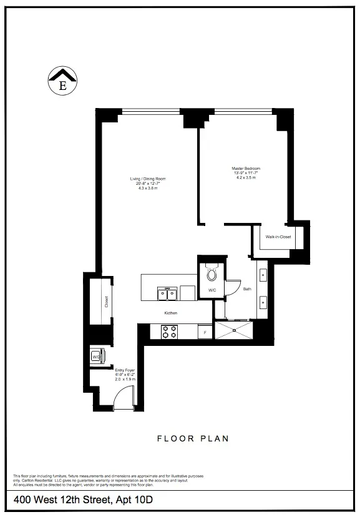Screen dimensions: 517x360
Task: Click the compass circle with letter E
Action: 62,83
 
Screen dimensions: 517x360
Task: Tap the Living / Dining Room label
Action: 147,179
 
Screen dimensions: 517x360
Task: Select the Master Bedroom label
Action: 246,169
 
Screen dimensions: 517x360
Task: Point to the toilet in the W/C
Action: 211,273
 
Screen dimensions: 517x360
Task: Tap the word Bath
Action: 247,288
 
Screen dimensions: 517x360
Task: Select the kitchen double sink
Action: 168,292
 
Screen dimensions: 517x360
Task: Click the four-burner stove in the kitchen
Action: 170,332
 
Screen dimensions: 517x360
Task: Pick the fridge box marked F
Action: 205,333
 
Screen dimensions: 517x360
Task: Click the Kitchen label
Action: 171,312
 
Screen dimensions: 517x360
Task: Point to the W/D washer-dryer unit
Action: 97,357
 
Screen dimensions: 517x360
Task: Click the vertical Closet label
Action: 107,302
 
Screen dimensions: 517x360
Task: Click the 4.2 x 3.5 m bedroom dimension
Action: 246,178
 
